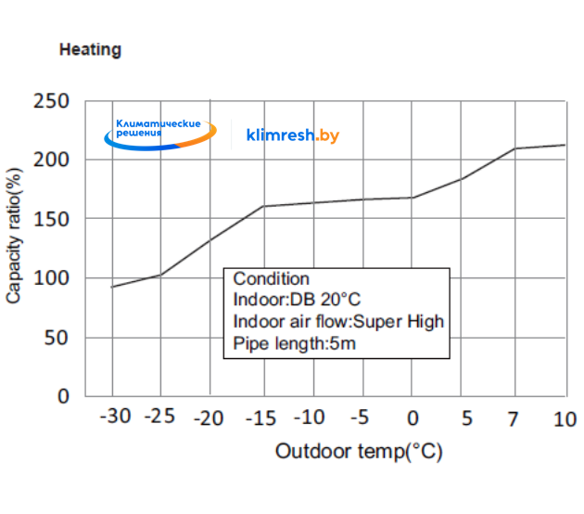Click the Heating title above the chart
[x=90, y=50]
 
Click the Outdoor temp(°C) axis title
[x=358, y=452]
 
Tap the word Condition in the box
[x=271, y=279]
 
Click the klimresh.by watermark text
[x=293, y=135]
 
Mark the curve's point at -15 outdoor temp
[x=263, y=206]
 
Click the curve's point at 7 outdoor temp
[x=514, y=148]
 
